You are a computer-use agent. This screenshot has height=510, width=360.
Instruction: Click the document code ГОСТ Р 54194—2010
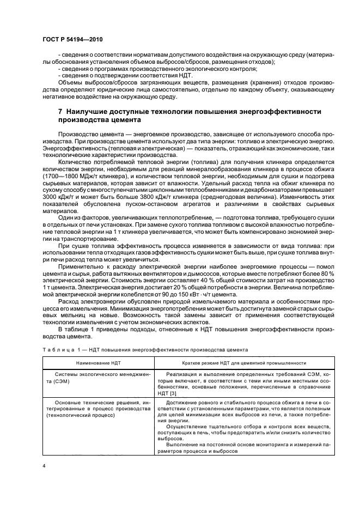72,40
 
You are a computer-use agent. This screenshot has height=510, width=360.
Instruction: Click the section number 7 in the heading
60,112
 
